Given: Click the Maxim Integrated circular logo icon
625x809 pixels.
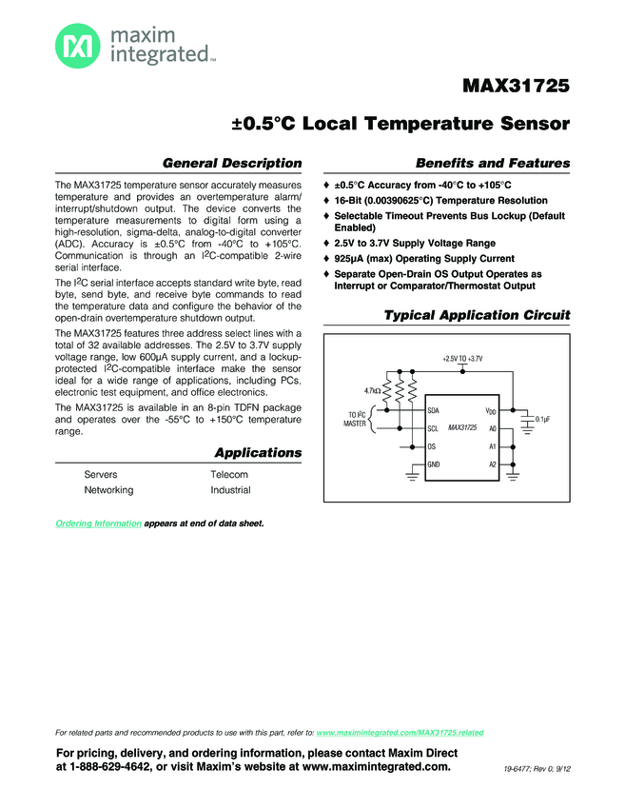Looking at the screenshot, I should click(74, 45).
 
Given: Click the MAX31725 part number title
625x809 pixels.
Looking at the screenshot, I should click(516, 87).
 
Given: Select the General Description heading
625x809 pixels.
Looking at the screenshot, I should click(232, 163).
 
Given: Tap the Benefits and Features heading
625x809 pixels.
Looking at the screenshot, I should click(493, 163).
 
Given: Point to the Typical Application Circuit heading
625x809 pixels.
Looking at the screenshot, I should click(476, 315).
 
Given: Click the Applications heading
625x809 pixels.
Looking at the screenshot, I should click(258, 452).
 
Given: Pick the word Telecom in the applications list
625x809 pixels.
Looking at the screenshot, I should click(229, 474).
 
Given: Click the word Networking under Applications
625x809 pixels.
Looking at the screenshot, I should click(108, 490).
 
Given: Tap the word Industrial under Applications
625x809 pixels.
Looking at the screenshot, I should click(230, 490).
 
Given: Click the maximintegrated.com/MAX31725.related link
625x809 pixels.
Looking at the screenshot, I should click(399, 733).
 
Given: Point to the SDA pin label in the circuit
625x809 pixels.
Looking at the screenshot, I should click(434, 410).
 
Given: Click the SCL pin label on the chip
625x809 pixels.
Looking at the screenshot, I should click(433, 428).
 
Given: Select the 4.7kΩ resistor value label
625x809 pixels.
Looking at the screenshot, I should click(373, 390).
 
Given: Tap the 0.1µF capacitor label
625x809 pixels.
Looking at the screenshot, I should click(543, 419).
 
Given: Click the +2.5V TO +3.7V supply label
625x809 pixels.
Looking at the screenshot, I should click(489, 358).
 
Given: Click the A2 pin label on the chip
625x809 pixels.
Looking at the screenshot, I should click(493, 464).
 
